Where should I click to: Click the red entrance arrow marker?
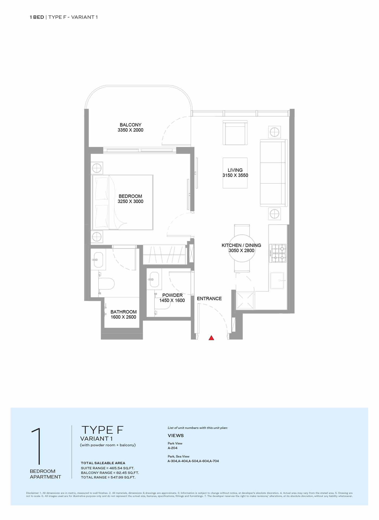click(211, 338)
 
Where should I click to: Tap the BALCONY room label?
click(130, 125)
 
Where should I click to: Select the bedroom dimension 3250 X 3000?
click(130, 201)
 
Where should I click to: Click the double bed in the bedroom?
click(122, 202)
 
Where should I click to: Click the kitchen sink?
click(277, 281)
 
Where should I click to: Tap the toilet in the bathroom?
click(106, 284)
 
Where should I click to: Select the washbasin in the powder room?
click(154, 279)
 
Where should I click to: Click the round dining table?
click(242, 248)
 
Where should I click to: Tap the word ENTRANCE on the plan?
click(209, 298)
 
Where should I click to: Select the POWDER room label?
click(172, 295)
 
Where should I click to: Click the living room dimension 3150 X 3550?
click(235, 175)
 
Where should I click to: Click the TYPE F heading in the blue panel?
click(102, 430)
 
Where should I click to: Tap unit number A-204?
click(172, 448)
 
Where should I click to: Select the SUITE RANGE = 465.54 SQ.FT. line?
click(107, 468)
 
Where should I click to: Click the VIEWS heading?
click(176, 435)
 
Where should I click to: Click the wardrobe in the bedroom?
click(164, 255)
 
